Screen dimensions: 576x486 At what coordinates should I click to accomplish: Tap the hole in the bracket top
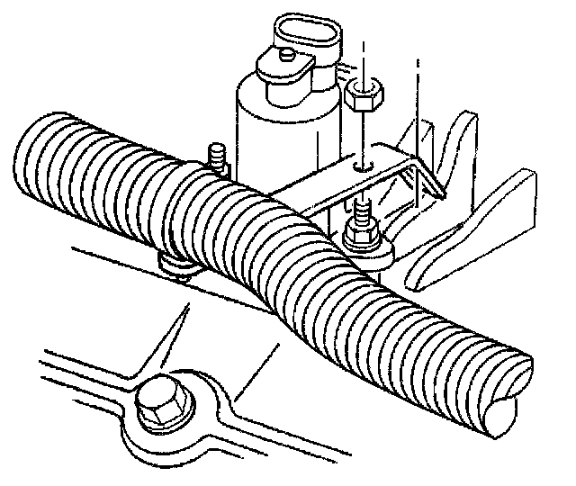point(361,166)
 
